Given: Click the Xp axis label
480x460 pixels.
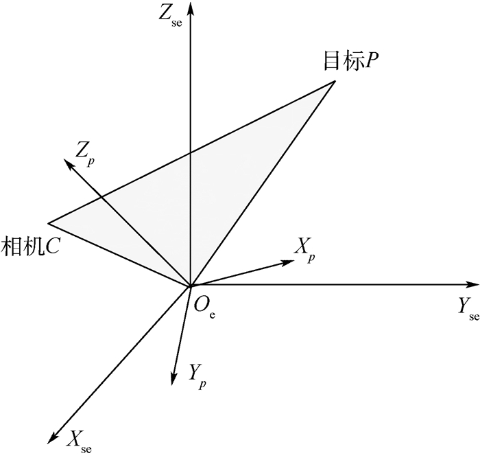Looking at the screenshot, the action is (305, 248).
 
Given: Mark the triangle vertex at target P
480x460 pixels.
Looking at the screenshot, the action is (335, 81).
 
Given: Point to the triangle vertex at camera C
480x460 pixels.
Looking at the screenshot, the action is (48, 223).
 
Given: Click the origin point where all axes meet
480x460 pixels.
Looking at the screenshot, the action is (190, 285).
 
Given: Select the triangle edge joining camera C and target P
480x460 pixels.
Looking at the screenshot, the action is (192, 152).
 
